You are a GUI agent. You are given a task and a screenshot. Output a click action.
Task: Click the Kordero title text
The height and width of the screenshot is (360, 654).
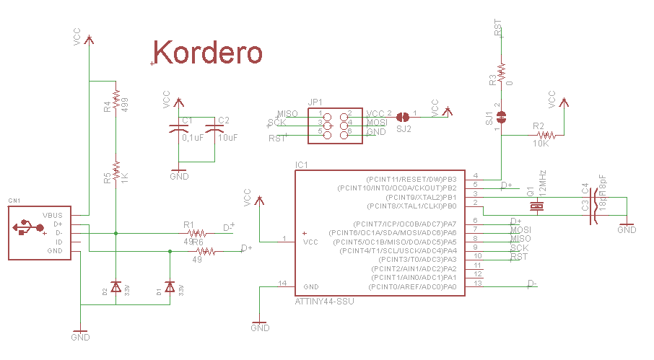click(x=208, y=53)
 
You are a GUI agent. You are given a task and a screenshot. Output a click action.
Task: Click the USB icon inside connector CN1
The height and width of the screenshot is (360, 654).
click(x=25, y=229)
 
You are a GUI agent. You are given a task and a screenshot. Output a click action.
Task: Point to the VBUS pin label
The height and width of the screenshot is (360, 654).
click(x=53, y=215)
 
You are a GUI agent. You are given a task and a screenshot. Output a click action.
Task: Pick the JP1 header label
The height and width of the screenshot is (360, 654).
click(x=315, y=102)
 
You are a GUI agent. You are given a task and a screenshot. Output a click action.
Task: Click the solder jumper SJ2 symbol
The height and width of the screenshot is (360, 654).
click(x=404, y=115)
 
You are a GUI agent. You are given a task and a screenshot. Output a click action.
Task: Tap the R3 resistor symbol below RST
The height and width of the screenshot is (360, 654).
click(x=501, y=71)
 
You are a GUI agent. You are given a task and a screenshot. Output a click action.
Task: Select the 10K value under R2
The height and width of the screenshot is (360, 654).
click(x=542, y=144)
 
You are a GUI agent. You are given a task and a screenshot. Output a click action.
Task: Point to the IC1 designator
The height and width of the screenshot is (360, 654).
click(x=302, y=165)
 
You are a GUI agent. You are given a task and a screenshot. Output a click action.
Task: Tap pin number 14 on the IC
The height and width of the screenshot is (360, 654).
click(x=283, y=283)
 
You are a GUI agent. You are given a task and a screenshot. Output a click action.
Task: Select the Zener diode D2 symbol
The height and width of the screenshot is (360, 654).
click(x=115, y=287)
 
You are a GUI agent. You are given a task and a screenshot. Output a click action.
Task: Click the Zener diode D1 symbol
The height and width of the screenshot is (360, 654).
click(x=170, y=287)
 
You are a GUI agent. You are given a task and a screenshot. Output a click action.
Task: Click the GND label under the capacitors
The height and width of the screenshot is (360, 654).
click(x=179, y=177)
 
